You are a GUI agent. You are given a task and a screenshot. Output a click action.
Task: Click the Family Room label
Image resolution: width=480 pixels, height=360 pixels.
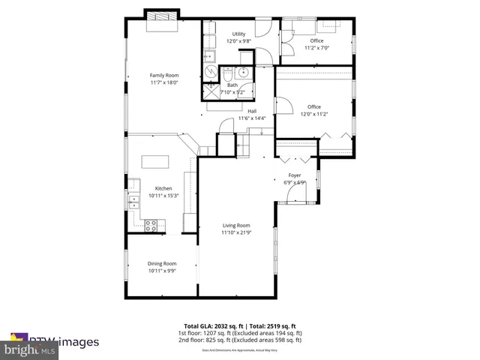pyautogui.click(x=163, y=75)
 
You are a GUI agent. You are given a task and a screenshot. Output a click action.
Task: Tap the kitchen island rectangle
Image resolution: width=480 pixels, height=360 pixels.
pyautogui.click(x=155, y=161)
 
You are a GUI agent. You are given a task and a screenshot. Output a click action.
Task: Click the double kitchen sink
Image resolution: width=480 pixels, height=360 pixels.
pyautogui.click(x=133, y=200)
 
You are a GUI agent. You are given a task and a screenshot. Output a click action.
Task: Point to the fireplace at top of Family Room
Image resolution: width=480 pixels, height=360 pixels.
pyautogui.click(x=162, y=16)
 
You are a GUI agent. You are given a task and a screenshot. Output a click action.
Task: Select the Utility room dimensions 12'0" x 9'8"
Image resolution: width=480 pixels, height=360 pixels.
pyautogui.click(x=238, y=42)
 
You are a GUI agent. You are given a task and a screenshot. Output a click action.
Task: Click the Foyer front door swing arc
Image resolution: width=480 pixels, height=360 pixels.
pyautogui.click(x=298, y=193)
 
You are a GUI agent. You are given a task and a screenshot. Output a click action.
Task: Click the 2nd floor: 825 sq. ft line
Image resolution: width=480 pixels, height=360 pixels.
pyautogui.click(x=240, y=340)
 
